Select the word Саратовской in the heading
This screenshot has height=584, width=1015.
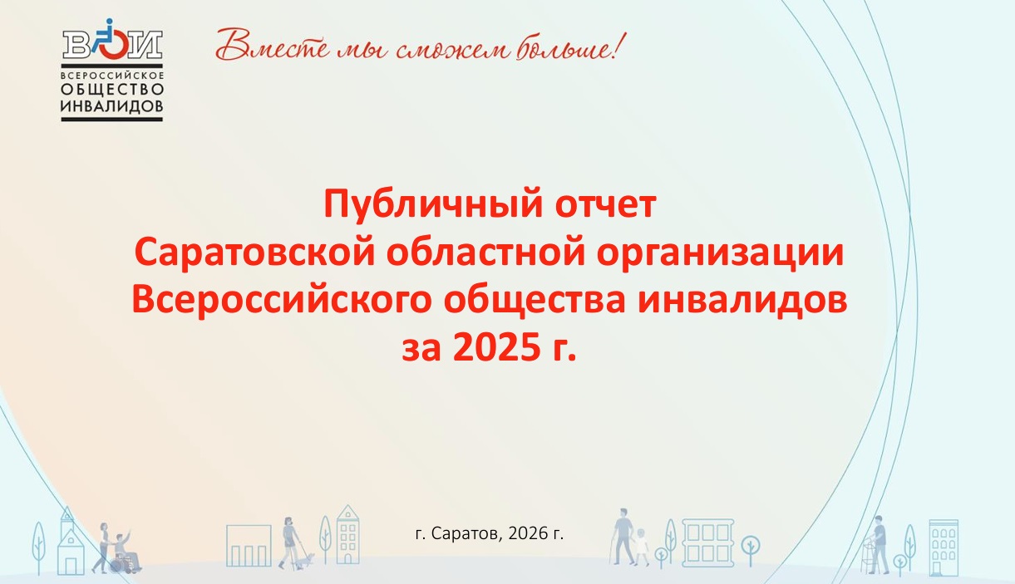tap(254, 253)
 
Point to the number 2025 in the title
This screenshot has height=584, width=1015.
tap(496, 347)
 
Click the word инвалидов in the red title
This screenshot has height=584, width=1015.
tap(742, 301)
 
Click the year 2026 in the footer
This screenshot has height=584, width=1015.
tap(528, 534)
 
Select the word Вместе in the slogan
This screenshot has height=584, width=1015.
tap(273, 45)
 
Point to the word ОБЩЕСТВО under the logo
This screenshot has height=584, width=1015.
tap(112, 89)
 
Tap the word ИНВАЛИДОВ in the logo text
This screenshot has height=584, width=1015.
tap(112, 107)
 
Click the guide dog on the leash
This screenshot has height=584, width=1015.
tap(304, 562)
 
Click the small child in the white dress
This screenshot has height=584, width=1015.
tap(641, 547)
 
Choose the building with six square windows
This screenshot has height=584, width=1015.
tap(707, 542)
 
